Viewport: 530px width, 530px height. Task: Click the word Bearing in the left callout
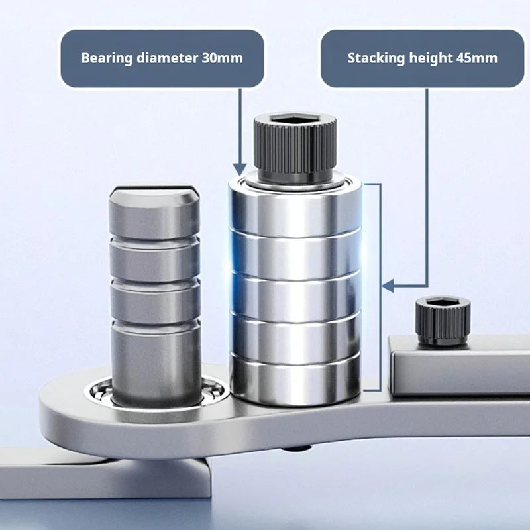(x=105, y=58)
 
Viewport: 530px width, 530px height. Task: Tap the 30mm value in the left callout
(x=221, y=58)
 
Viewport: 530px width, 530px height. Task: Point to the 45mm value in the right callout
(x=476, y=58)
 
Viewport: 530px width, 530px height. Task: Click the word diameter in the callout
(x=163, y=58)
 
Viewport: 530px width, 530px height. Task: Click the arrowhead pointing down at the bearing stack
(x=238, y=168)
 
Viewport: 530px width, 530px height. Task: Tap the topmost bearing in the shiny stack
(x=295, y=209)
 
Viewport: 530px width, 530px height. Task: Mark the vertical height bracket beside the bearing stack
(x=379, y=285)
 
